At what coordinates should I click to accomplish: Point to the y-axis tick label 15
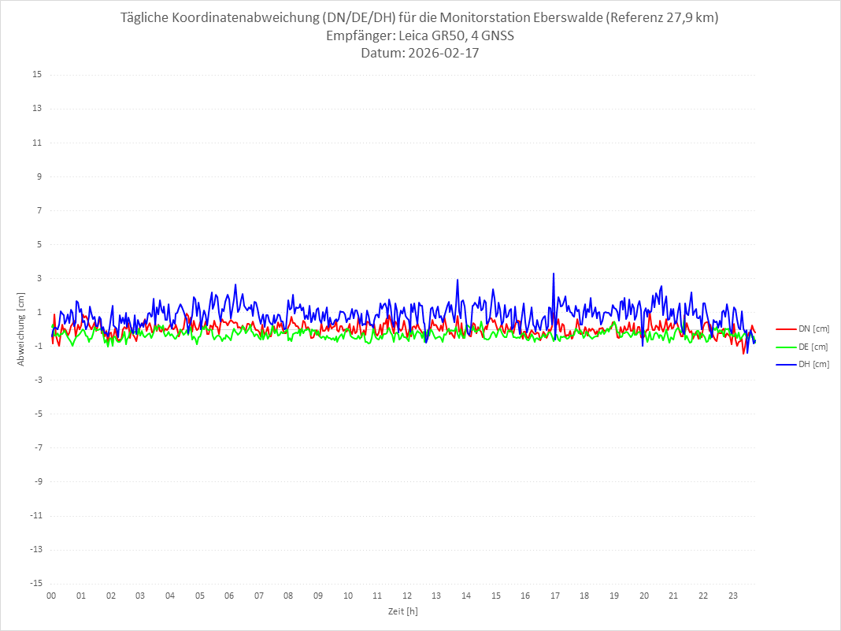click(37, 75)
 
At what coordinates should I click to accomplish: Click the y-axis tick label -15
click(35, 584)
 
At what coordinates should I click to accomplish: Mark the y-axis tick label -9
click(37, 482)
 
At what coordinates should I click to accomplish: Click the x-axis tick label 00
click(51, 596)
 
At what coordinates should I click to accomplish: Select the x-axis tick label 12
click(407, 596)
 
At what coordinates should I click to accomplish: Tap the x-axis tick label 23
click(733, 596)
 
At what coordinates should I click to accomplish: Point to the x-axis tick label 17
click(555, 596)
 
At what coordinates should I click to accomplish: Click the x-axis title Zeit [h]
click(402, 611)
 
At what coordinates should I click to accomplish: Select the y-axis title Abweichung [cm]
click(21, 329)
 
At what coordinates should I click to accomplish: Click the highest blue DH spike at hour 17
click(554, 274)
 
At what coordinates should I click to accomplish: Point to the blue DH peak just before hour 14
click(457, 280)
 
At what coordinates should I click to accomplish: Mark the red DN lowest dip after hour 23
click(743, 353)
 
